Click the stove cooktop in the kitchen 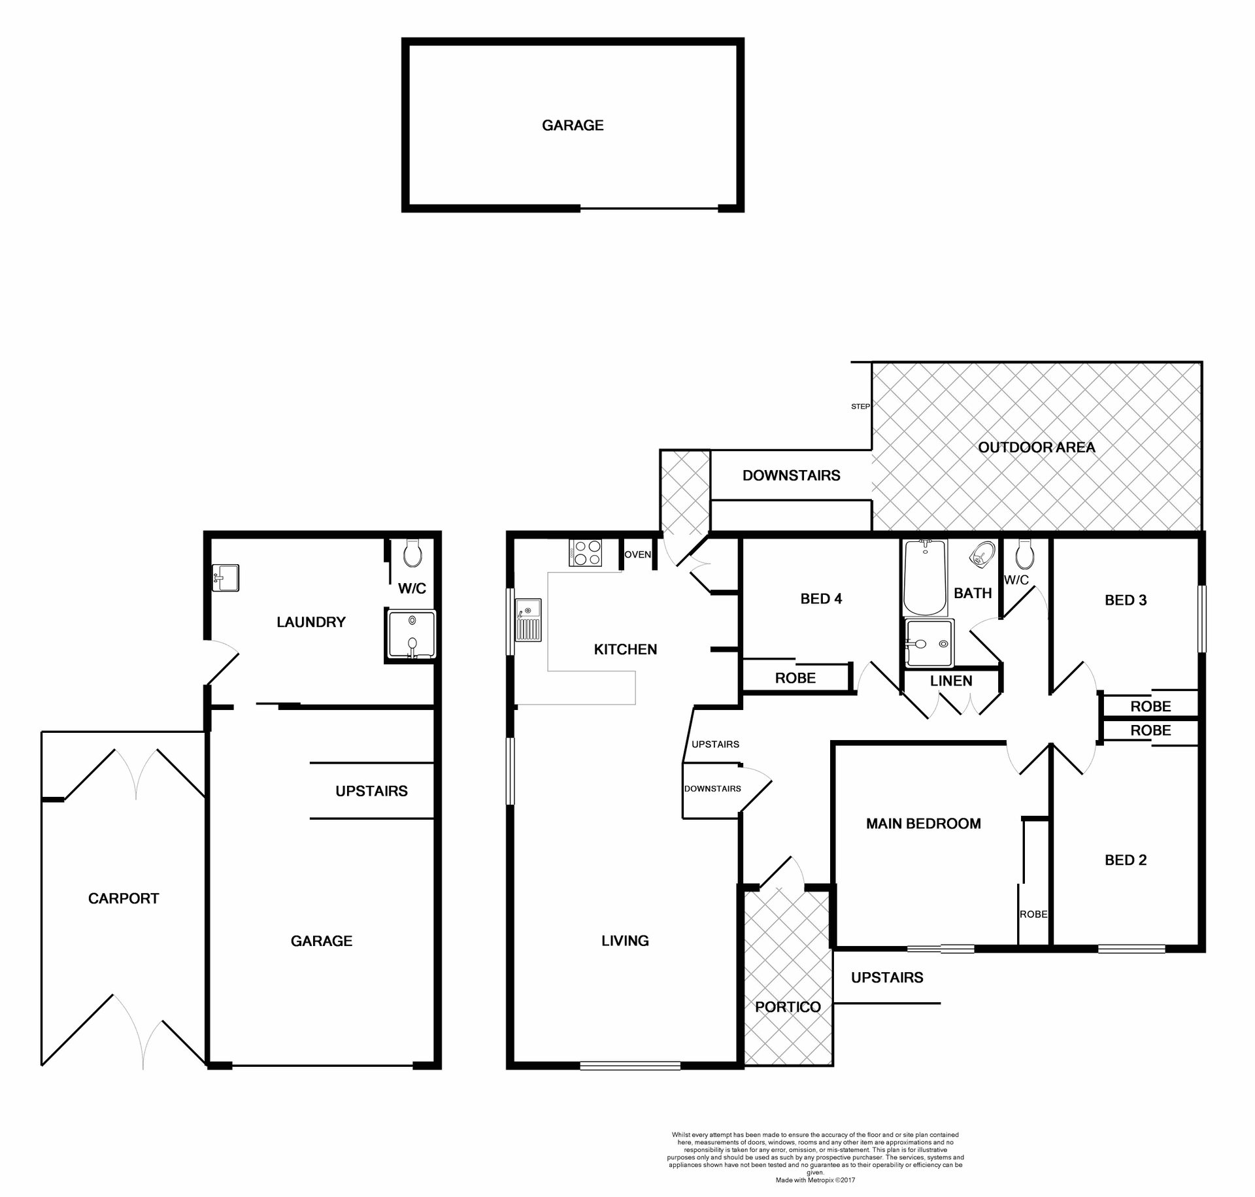(585, 552)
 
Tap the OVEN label (637, 554)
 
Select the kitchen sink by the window (528, 620)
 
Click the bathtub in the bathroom (924, 577)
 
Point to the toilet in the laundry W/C (412, 553)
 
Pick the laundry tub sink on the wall (226, 578)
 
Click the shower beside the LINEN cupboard (929, 643)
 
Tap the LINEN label (951, 681)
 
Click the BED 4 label (821, 598)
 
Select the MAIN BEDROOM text (923, 823)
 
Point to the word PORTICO (788, 1007)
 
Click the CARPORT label (124, 898)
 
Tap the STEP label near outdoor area (860, 406)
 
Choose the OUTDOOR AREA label (1036, 447)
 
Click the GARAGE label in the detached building (573, 125)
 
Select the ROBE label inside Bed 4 (795, 678)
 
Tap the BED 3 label (1126, 599)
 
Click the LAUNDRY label (310, 622)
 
